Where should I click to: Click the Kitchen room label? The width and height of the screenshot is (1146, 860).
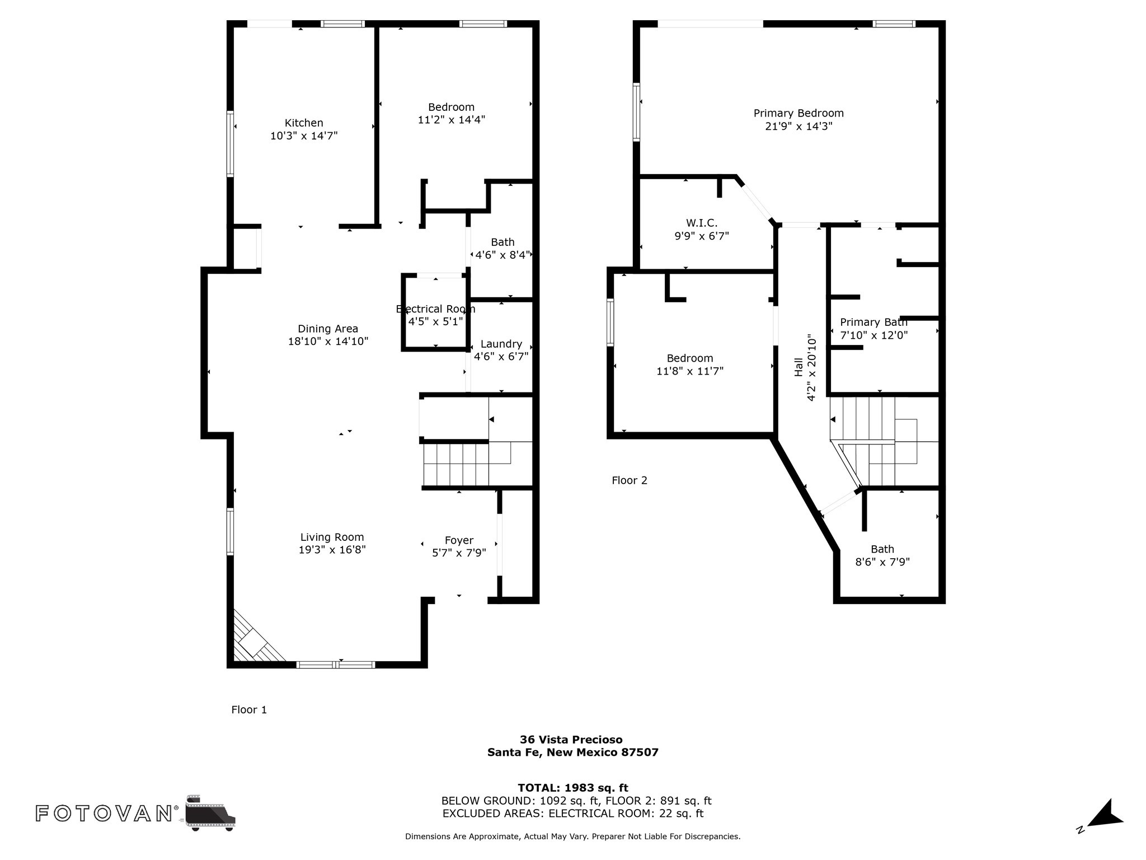click(304, 123)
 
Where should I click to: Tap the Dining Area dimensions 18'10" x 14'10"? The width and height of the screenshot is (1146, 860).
click(328, 342)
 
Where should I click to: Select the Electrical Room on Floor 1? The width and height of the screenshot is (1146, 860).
click(435, 312)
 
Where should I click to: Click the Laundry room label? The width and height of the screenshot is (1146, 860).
click(501, 344)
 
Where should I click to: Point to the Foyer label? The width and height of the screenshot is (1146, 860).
click(459, 540)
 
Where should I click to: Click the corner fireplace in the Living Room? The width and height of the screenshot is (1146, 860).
click(255, 638)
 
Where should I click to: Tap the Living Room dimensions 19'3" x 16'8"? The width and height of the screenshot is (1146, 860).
click(332, 550)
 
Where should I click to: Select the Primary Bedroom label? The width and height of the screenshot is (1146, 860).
click(799, 114)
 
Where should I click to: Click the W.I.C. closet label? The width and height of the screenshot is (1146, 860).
click(702, 223)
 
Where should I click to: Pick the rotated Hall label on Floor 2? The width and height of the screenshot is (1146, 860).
click(799, 367)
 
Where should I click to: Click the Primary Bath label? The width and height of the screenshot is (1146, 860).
click(873, 322)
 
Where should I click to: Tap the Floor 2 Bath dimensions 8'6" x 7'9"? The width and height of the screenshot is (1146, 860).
click(882, 562)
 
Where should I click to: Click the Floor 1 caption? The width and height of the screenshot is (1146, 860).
click(249, 710)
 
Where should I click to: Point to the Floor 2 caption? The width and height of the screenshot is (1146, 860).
click(630, 480)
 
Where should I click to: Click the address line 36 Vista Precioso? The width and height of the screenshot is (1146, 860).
click(571, 740)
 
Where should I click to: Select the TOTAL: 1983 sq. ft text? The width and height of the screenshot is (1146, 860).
click(573, 788)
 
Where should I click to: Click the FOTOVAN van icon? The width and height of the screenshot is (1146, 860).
click(210, 812)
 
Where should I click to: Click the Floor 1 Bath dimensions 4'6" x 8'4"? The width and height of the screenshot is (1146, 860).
click(502, 255)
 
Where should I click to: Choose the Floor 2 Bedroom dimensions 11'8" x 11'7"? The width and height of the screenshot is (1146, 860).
click(690, 371)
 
